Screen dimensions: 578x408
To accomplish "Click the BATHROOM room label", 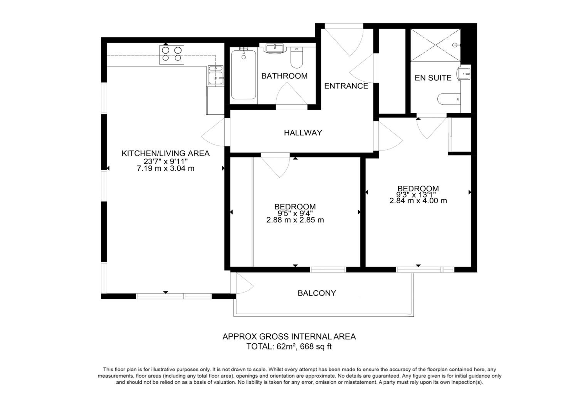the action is [x=284, y=76].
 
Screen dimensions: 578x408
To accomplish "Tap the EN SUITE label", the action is [x=433, y=78].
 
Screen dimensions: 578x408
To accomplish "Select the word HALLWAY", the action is [x=303, y=133].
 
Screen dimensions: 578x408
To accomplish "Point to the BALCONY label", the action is [x=317, y=293].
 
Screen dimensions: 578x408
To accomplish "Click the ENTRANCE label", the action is [x=346, y=86].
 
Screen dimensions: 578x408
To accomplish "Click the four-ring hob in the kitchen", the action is [x=171, y=55].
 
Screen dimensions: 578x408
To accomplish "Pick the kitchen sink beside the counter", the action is [x=216, y=76].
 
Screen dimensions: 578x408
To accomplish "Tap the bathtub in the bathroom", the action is [x=244, y=74].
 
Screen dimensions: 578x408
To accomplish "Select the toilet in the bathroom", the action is [x=297, y=58].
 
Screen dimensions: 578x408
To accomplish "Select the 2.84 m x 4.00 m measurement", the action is [x=418, y=201].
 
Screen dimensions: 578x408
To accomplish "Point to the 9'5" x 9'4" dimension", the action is [x=295, y=213].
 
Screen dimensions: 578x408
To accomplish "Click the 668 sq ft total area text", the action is [x=316, y=347].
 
